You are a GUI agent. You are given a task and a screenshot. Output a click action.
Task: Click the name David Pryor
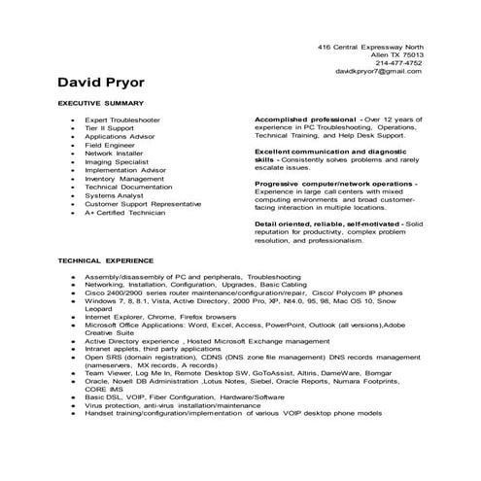pyautogui.click(x=99, y=81)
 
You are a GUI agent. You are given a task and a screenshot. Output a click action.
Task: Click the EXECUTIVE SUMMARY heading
pyautogui.click(x=101, y=103)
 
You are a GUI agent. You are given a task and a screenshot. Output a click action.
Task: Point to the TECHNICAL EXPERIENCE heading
pyautogui.click(x=105, y=260)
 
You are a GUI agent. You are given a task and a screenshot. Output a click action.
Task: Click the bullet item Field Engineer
pyautogui.click(x=107, y=144)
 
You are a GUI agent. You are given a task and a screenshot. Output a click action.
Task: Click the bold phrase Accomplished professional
pyautogui.click(x=302, y=118)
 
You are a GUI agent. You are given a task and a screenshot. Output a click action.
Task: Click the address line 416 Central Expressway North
pyautogui.click(x=371, y=47)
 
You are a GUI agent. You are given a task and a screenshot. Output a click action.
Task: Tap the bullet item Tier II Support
pyautogui.click(x=110, y=126)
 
